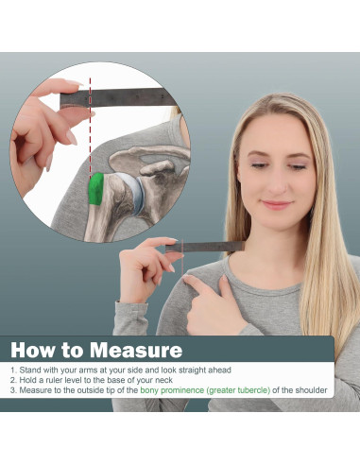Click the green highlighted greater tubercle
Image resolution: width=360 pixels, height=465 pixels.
[x=96, y=189]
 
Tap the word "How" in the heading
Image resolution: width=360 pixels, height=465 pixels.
[x=33, y=350]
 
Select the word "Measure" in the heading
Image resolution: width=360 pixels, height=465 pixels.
[x=136, y=350]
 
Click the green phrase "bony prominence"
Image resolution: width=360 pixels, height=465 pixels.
[x=172, y=390]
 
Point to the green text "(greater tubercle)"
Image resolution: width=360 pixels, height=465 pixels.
[x=238, y=390]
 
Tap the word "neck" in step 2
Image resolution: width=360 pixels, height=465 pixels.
[x=163, y=380]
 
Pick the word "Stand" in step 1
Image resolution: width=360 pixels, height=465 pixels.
[x=30, y=370]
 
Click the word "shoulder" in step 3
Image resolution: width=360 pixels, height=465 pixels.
[x=310, y=390]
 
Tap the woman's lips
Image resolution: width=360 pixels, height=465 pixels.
[x=277, y=205]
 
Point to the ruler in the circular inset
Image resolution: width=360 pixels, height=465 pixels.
[x=117, y=97]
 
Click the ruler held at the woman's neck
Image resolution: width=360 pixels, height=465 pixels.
[x=205, y=247]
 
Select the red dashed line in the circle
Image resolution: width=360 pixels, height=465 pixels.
[x=90, y=126]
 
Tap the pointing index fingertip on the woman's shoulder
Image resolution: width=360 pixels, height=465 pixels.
[x=186, y=277]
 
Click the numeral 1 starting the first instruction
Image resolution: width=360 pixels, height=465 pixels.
[x=12, y=370]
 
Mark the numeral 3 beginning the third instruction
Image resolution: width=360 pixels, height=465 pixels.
[x=12, y=390]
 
